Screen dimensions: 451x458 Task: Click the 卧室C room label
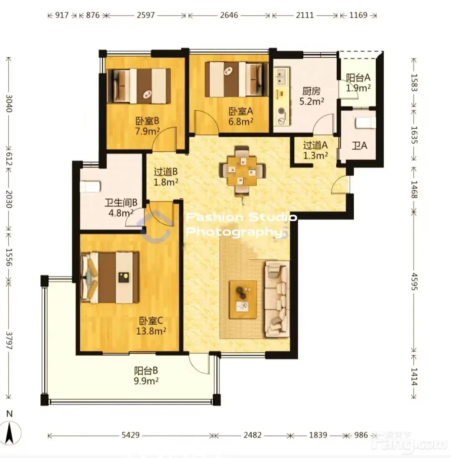click(x=151, y=321)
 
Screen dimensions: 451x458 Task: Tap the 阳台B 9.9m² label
click(x=146, y=376)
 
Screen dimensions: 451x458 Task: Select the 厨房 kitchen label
click(x=312, y=91)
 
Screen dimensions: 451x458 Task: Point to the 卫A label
click(x=360, y=145)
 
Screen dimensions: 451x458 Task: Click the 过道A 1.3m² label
click(x=315, y=150)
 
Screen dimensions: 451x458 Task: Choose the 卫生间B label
click(x=121, y=202)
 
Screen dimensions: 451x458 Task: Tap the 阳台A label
click(x=358, y=78)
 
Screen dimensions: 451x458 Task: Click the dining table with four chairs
click(x=242, y=170)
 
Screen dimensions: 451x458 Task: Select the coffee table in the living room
click(x=243, y=299)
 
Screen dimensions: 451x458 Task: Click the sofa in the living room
click(x=277, y=299)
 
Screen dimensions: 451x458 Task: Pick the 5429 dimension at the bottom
click(x=130, y=435)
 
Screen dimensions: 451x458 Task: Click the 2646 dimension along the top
click(x=229, y=15)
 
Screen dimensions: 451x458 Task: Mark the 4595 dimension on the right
click(x=414, y=282)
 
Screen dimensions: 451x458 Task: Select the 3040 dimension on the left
click(x=9, y=103)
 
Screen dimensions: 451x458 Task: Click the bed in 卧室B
click(x=139, y=86)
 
